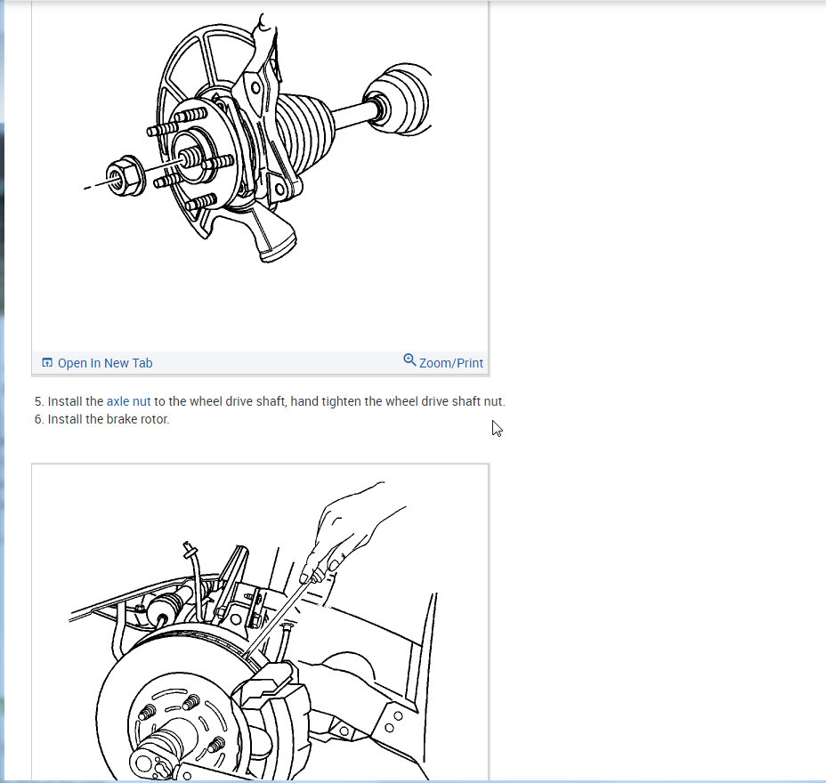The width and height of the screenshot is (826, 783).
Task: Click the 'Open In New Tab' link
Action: [105, 363]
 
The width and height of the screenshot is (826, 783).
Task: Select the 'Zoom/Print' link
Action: [451, 363]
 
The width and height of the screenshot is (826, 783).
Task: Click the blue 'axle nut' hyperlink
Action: [128, 401]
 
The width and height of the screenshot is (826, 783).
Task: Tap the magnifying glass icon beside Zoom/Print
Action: [409, 359]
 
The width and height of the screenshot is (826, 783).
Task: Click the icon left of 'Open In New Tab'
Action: [47, 363]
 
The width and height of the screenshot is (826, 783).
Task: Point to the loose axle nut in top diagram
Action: [126, 176]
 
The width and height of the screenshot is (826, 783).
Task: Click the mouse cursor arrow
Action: [498, 429]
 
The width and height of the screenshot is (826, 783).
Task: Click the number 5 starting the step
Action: [38, 401]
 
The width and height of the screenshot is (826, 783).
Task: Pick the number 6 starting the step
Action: [38, 419]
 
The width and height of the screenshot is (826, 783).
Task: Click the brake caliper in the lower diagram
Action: [273, 706]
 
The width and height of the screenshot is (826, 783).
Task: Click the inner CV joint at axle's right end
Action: [398, 99]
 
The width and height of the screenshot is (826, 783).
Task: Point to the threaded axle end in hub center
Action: [190, 157]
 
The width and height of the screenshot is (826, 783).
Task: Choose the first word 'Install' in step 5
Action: [65, 401]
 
